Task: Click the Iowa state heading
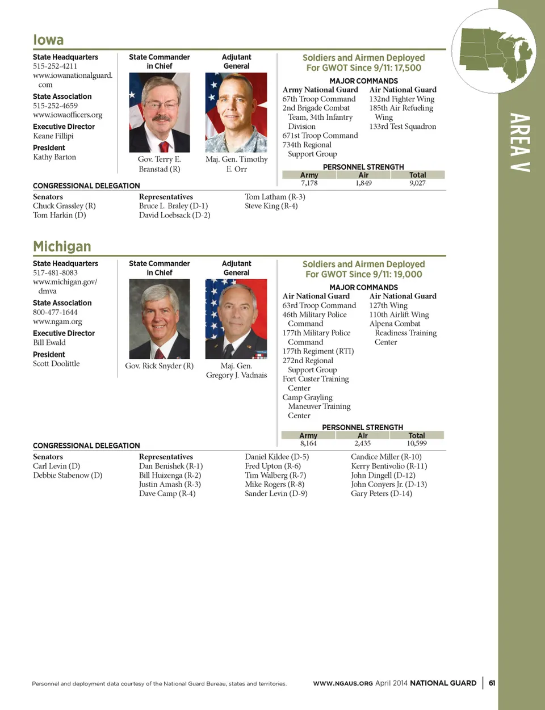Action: (48, 40)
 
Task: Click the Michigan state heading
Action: (62, 246)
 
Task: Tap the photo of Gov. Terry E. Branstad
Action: (160, 112)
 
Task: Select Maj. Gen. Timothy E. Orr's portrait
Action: (236, 112)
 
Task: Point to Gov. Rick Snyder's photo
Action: (160, 319)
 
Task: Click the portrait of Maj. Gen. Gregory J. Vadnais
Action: (236, 319)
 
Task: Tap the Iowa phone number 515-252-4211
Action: (55, 66)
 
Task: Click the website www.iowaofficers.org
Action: (68, 115)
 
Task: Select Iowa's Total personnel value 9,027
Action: (417, 183)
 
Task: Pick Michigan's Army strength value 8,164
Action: (308, 443)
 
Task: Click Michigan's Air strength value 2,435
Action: (362, 443)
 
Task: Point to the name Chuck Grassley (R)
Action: (64, 206)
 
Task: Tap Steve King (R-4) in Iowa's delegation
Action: (271, 206)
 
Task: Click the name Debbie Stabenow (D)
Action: (68, 475)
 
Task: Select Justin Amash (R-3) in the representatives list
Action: (170, 484)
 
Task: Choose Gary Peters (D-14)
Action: (381, 493)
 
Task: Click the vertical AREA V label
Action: (519, 142)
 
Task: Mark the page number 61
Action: (492, 683)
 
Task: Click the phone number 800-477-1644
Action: (55, 312)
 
